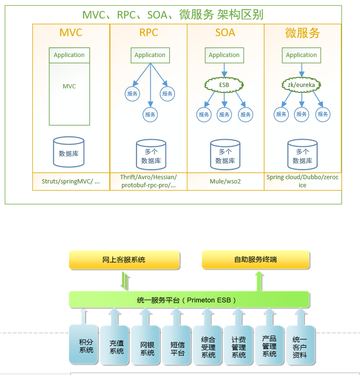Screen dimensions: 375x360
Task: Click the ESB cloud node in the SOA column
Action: tap(224, 85)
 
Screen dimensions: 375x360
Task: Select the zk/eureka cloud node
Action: tap(301, 85)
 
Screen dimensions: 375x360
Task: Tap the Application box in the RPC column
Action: tap(150, 55)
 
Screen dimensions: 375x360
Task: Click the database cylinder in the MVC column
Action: tap(69, 153)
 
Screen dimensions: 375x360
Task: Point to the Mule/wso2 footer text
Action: tap(225, 182)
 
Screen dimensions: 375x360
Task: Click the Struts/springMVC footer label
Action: tap(71, 182)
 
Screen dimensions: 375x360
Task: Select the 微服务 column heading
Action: tap(302, 33)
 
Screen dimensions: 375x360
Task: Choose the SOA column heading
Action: tap(225, 33)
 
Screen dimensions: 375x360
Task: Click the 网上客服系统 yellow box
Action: tap(124, 260)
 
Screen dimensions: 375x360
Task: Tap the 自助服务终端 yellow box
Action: tap(255, 260)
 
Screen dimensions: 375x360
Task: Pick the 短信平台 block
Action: tap(177, 346)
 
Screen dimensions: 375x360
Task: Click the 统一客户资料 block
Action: tap(300, 346)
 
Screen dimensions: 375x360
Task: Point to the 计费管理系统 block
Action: tap(238, 346)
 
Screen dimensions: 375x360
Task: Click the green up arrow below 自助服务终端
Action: tap(259, 281)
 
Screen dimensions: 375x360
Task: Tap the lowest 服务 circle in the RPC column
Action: tap(150, 115)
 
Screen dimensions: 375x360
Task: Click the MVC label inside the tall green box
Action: tap(69, 87)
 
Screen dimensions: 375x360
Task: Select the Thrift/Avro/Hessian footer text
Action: tap(148, 181)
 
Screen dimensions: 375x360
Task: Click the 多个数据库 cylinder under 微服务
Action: tap(302, 154)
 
